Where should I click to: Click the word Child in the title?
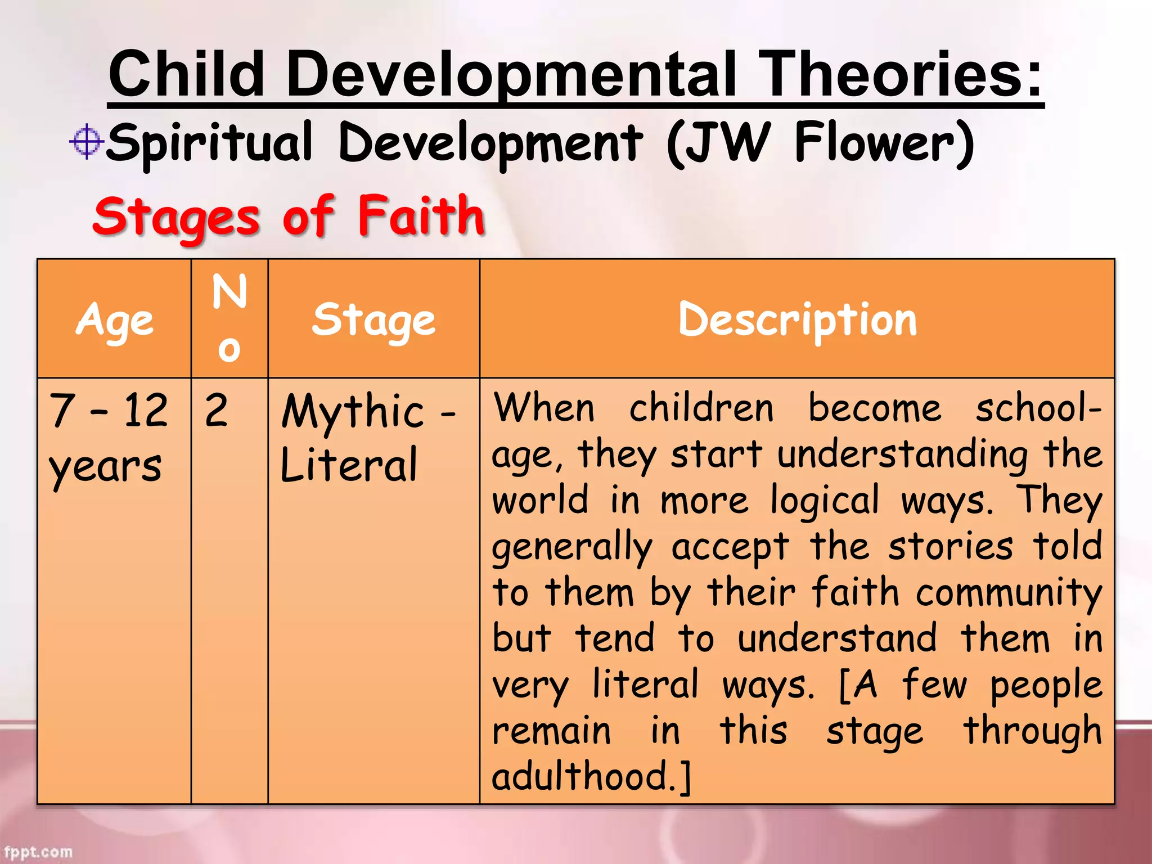click(186, 74)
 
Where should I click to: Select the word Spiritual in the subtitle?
click(209, 143)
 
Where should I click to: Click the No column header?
click(229, 318)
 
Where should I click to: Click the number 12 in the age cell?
click(146, 410)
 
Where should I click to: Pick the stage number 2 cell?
click(217, 410)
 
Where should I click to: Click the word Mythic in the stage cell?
click(353, 411)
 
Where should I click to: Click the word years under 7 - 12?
click(105, 467)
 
